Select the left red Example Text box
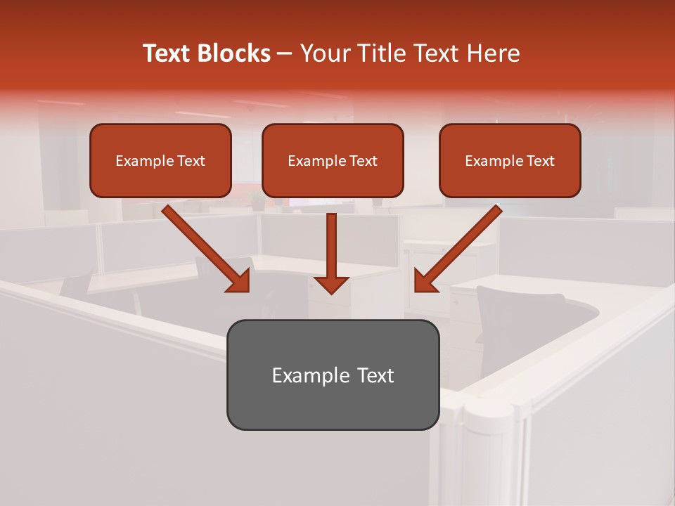click(x=160, y=161)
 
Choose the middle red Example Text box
click(x=333, y=161)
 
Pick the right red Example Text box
click(x=510, y=161)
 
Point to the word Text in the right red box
click(x=540, y=161)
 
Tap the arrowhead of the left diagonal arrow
click(x=239, y=280)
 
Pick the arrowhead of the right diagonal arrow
click(x=425, y=280)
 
